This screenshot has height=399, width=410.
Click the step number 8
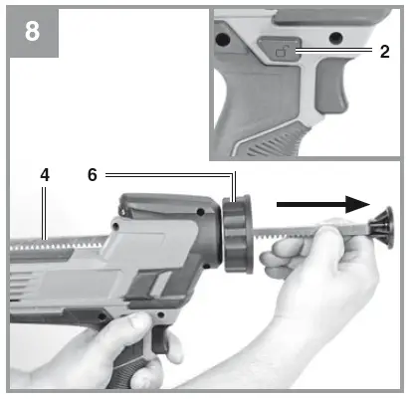[x=33, y=31]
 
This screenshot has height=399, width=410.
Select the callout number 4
[x=44, y=174]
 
